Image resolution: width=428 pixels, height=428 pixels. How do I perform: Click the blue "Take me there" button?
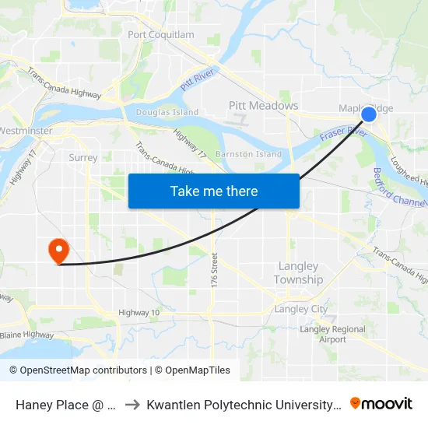click(x=214, y=191)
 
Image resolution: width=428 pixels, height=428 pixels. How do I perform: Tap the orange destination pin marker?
click(x=58, y=251)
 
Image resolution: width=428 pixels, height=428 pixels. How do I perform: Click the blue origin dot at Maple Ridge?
click(x=369, y=114)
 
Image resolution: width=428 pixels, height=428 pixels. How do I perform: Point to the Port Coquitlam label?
click(x=160, y=35)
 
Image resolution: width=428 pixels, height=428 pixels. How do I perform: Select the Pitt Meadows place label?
click(x=263, y=105)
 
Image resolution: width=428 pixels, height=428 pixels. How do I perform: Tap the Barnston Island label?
click(x=248, y=154)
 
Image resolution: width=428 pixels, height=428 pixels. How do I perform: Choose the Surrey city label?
click(x=83, y=157)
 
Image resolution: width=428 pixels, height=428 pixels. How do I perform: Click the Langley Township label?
click(x=298, y=273)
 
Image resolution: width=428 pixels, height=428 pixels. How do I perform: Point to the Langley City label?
click(x=301, y=309)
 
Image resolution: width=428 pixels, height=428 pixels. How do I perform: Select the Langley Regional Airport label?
click(x=332, y=335)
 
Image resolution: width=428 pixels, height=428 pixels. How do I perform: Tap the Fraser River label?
click(x=342, y=135)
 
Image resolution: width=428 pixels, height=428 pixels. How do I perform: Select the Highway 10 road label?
click(x=139, y=313)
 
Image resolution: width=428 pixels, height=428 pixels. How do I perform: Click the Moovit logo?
click(x=381, y=403)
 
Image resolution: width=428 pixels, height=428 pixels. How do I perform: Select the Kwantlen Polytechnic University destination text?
click(x=243, y=405)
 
